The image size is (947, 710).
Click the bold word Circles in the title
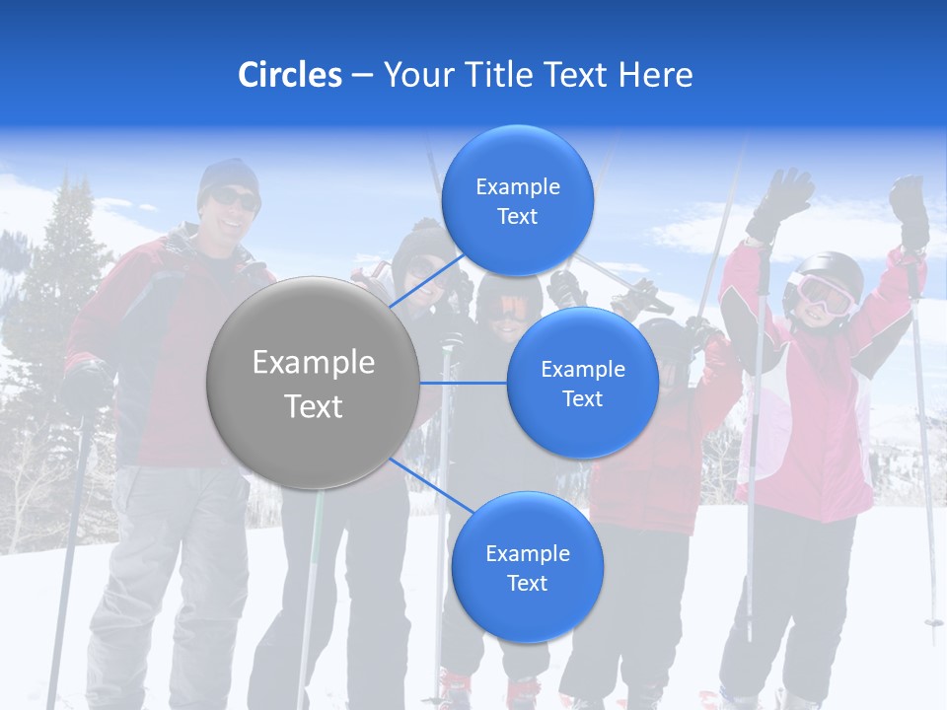tap(289, 75)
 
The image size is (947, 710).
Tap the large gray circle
tap(313, 383)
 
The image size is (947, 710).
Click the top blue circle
tap(517, 200)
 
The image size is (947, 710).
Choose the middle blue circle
tap(582, 383)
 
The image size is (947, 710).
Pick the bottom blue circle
tap(527, 567)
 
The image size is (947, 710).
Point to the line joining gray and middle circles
tap(464, 383)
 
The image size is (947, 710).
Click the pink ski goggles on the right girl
tap(825, 293)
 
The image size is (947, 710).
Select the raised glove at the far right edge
tap(910, 209)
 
